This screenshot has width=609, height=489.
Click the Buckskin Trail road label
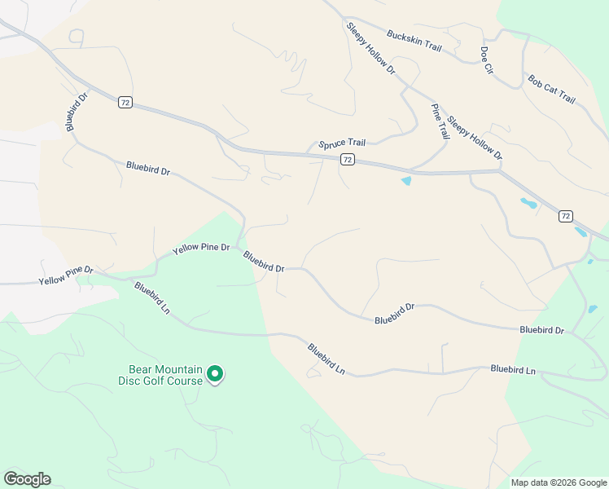coord(414,42)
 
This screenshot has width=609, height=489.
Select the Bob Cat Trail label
coord(551,90)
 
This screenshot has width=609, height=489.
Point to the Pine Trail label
coord(440,121)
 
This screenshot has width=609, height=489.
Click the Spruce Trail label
coord(342,143)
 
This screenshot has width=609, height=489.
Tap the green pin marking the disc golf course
coord(215,374)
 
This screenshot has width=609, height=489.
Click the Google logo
coord(27,479)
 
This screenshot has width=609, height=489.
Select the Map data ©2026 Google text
coord(558,482)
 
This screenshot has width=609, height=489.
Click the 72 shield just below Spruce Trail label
coord(348,160)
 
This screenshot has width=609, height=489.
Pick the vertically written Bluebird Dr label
coord(77,111)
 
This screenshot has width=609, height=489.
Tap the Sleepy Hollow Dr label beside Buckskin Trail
coord(370,49)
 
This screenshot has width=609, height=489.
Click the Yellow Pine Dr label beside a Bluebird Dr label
coord(201,247)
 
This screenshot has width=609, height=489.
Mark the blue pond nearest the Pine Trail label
coord(405,181)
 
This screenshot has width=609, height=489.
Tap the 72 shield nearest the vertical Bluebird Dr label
coord(125,103)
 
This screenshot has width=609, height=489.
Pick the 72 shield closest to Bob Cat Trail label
coord(566,216)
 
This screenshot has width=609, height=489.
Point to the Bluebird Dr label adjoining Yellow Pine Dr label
coord(263,262)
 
